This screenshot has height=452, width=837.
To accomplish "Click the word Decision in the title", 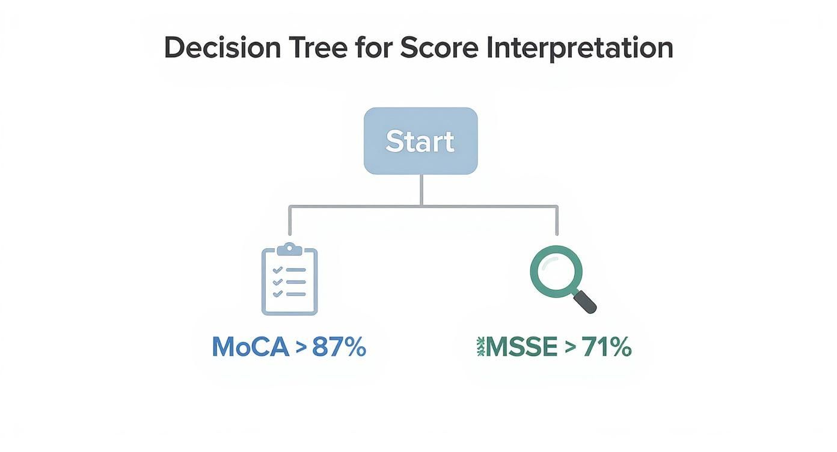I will [x=222, y=48].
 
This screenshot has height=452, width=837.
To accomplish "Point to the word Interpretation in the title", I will [x=580, y=48].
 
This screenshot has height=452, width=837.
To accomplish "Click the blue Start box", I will [x=420, y=141].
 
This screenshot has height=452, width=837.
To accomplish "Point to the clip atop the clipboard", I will [x=289, y=248].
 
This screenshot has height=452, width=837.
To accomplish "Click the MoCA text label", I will [x=250, y=347].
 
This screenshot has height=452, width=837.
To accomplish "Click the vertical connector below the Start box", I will [x=421, y=190].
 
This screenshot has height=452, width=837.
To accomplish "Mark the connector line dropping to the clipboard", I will [x=290, y=221].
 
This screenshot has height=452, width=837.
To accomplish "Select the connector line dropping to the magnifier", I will [x=557, y=221].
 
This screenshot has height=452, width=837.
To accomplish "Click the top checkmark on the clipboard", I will [x=278, y=270].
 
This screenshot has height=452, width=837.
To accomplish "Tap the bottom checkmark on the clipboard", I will [x=278, y=294].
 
